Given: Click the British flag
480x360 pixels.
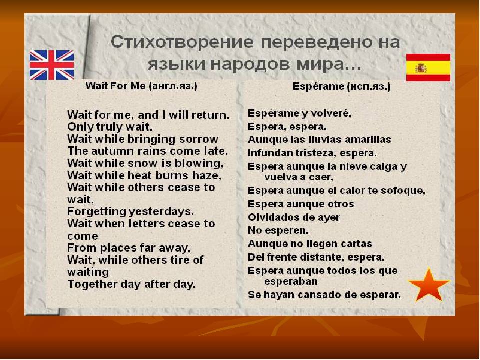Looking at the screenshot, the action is tap(52, 65).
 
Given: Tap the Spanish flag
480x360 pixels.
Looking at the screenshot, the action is tap(428, 67).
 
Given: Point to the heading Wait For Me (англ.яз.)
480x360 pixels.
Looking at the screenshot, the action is tap(141, 86).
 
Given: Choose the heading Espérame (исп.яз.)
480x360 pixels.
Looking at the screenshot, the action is tap(341, 87).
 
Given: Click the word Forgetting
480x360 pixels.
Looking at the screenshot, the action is tap(96, 212).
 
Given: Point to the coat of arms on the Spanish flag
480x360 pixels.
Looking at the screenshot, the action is tap(421, 68).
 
